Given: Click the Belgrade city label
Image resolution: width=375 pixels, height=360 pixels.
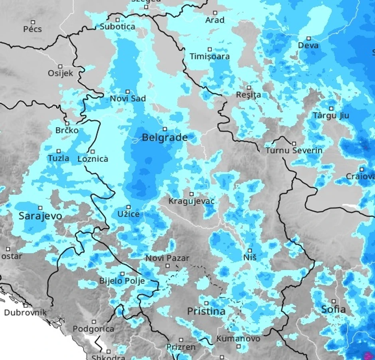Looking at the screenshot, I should (165, 138).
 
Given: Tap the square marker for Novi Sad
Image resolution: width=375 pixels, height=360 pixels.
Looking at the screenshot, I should (128, 92).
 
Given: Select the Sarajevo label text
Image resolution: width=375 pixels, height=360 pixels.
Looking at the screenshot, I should (40, 216).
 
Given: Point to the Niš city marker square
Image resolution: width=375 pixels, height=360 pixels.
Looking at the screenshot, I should (250, 251).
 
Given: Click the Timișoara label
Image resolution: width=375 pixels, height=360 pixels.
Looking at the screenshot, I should (209, 57).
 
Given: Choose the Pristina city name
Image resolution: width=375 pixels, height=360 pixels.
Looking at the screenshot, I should (206, 311).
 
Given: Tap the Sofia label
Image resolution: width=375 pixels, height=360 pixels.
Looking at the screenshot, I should (334, 309).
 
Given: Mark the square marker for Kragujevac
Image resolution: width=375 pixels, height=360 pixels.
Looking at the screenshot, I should (191, 194).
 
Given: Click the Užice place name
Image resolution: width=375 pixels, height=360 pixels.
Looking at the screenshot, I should (128, 214).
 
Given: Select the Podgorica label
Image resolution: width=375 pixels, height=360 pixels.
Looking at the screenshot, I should (93, 329).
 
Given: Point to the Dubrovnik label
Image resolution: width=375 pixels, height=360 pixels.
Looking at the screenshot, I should (25, 313).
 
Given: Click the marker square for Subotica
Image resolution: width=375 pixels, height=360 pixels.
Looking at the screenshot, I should (117, 20).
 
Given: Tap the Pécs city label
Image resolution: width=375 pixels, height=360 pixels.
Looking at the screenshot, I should (32, 29).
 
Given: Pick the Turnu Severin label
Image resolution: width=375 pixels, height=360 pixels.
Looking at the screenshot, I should (294, 151).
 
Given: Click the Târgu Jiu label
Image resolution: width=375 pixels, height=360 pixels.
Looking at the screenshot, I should (331, 116).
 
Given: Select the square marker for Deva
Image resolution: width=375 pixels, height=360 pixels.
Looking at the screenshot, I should (308, 38).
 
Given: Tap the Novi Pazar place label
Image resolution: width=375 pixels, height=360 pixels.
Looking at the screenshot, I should (167, 259).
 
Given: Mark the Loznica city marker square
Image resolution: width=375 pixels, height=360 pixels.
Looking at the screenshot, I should (93, 151).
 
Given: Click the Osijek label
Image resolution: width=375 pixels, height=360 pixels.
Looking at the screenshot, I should (61, 73).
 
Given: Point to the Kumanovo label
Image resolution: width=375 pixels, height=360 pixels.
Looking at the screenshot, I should (238, 339).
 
